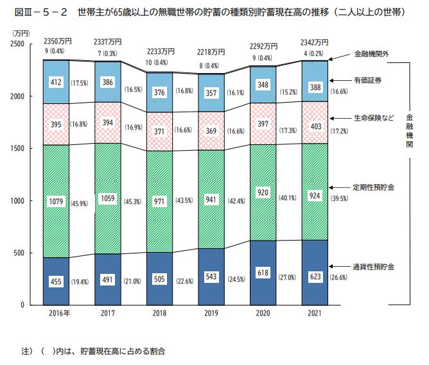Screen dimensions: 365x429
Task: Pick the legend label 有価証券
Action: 368,80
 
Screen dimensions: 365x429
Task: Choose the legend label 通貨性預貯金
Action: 373,265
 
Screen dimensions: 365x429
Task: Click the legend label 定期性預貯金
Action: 373,187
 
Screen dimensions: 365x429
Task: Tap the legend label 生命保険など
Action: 373,118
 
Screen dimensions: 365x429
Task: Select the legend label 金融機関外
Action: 371,55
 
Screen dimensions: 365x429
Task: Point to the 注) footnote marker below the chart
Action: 26,351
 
